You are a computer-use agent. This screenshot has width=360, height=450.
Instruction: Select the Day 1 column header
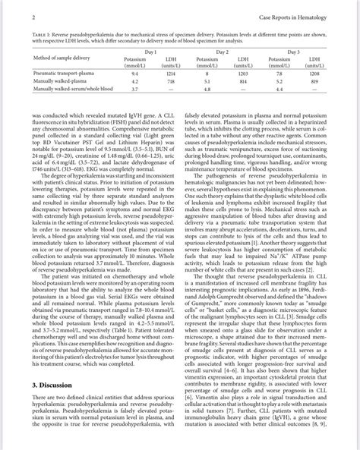pos(150,50)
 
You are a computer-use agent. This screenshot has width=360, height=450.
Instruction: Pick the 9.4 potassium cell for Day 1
pos(135,74)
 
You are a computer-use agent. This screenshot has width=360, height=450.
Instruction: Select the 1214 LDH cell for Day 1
pos(171,74)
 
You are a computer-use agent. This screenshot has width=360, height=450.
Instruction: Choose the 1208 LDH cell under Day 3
pos(314,74)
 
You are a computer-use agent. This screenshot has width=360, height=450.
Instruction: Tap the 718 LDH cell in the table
pos(171,81)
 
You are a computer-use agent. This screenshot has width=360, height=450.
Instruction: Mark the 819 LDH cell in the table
pos(314,81)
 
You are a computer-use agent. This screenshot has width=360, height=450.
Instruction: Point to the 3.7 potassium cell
pos(135,89)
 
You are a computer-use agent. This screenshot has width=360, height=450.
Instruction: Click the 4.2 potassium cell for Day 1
pos(135,81)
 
